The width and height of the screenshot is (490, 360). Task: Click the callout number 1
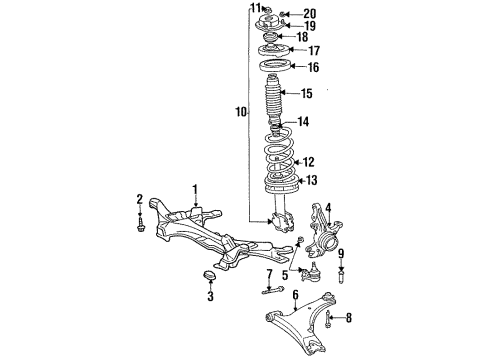point(196,187)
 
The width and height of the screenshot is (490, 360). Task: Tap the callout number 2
point(139,201)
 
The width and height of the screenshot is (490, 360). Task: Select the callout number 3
point(210,297)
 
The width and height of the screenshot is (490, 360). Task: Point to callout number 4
point(327,207)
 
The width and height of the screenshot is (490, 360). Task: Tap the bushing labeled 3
point(209,277)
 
